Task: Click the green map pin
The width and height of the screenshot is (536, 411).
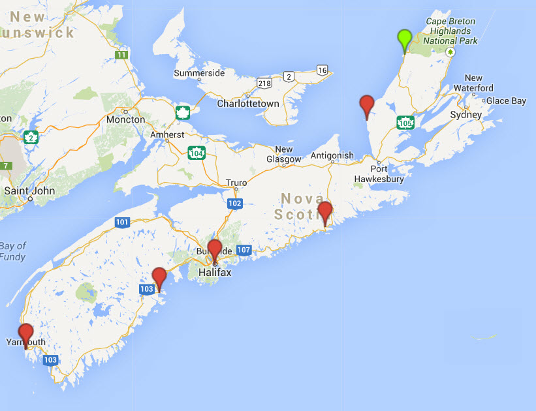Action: click(x=405, y=38)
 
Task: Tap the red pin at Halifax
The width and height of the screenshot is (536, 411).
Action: click(x=215, y=251)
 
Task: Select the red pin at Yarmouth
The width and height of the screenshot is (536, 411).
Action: click(x=26, y=334)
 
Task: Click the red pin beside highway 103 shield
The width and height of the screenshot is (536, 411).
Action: click(x=159, y=278)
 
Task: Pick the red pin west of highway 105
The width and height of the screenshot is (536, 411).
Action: click(x=367, y=105)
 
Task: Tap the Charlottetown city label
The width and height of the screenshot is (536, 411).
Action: click(x=247, y=104)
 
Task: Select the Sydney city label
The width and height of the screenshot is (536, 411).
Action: click(x=466, y=114)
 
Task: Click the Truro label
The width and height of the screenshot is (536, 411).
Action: click(x=236, y=182)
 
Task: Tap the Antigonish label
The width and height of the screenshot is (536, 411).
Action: click(x=332, y=155)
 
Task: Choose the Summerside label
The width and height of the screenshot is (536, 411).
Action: click(x=199, y=73)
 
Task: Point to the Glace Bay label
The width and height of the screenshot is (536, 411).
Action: click(x=506, y=101)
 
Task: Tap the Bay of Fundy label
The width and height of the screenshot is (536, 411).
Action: click(x=13, y=251)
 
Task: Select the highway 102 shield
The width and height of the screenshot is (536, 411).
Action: click(x=235, y=204)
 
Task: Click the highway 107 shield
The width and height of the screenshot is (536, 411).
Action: click(x=244, y=250)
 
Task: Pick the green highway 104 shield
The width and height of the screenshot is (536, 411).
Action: click(x=196, y=153)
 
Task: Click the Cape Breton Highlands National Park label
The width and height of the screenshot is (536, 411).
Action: click(x=450, y=31)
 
